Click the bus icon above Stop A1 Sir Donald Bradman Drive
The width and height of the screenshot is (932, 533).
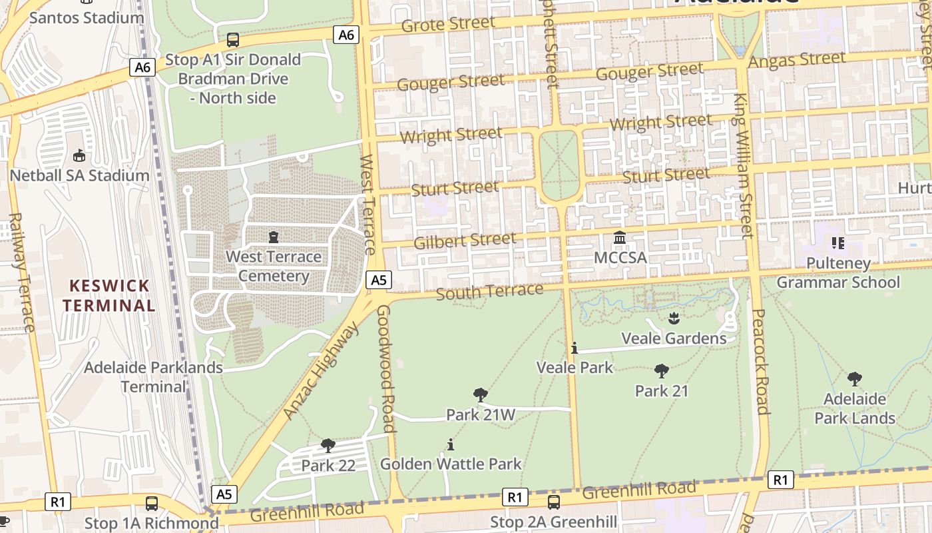233,40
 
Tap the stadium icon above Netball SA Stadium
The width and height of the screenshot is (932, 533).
79,156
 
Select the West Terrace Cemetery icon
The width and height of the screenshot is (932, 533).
273,237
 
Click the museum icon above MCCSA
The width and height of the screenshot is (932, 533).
620,238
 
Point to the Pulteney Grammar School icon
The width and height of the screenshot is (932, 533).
837,243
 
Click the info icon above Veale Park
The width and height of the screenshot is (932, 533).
575,348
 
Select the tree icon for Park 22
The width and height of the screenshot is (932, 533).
328,445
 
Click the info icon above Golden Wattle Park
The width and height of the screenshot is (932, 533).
451,444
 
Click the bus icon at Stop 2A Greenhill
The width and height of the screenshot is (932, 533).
553,502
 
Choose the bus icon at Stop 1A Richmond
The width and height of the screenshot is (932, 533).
152,504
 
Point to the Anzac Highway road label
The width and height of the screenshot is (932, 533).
321,372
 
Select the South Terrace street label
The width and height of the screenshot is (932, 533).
489,292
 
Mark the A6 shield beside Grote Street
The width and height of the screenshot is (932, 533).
346,35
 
